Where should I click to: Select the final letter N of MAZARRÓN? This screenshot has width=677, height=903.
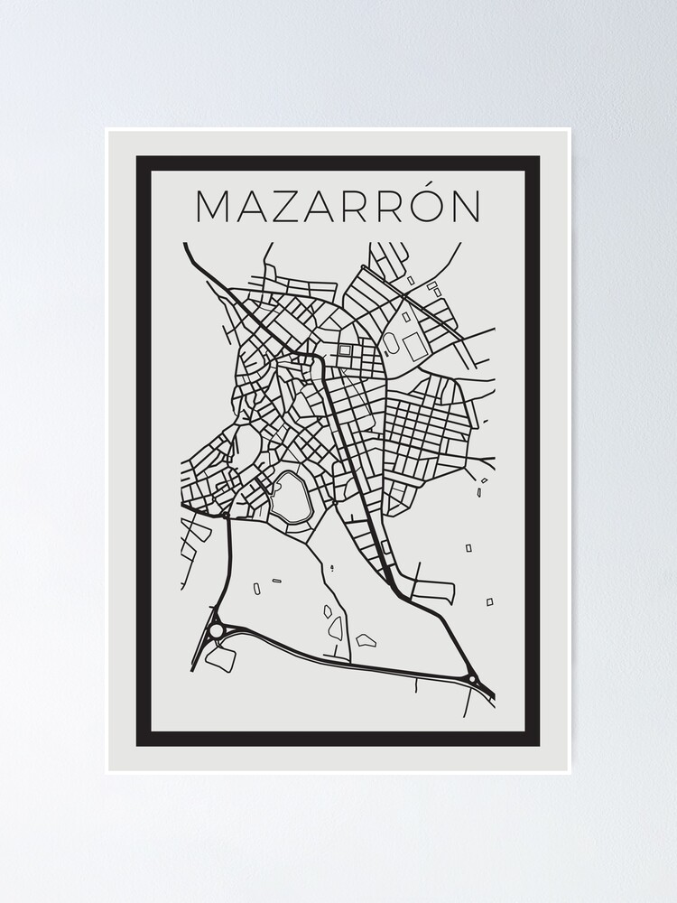[465, 206]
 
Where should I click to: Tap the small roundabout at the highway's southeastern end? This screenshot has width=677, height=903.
[470, 678]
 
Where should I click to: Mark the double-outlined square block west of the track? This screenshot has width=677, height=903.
[345, 349]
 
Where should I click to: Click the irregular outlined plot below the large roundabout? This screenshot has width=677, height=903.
[221, 658]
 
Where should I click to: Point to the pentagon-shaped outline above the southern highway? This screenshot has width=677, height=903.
[366, 640]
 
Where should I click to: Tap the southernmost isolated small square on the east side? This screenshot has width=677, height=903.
[490, 601]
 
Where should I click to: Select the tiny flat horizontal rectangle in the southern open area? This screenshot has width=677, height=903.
[276, 581]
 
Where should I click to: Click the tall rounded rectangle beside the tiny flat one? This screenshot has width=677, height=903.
[256, 588]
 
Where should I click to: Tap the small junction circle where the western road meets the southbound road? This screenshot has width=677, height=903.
[225, 515]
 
